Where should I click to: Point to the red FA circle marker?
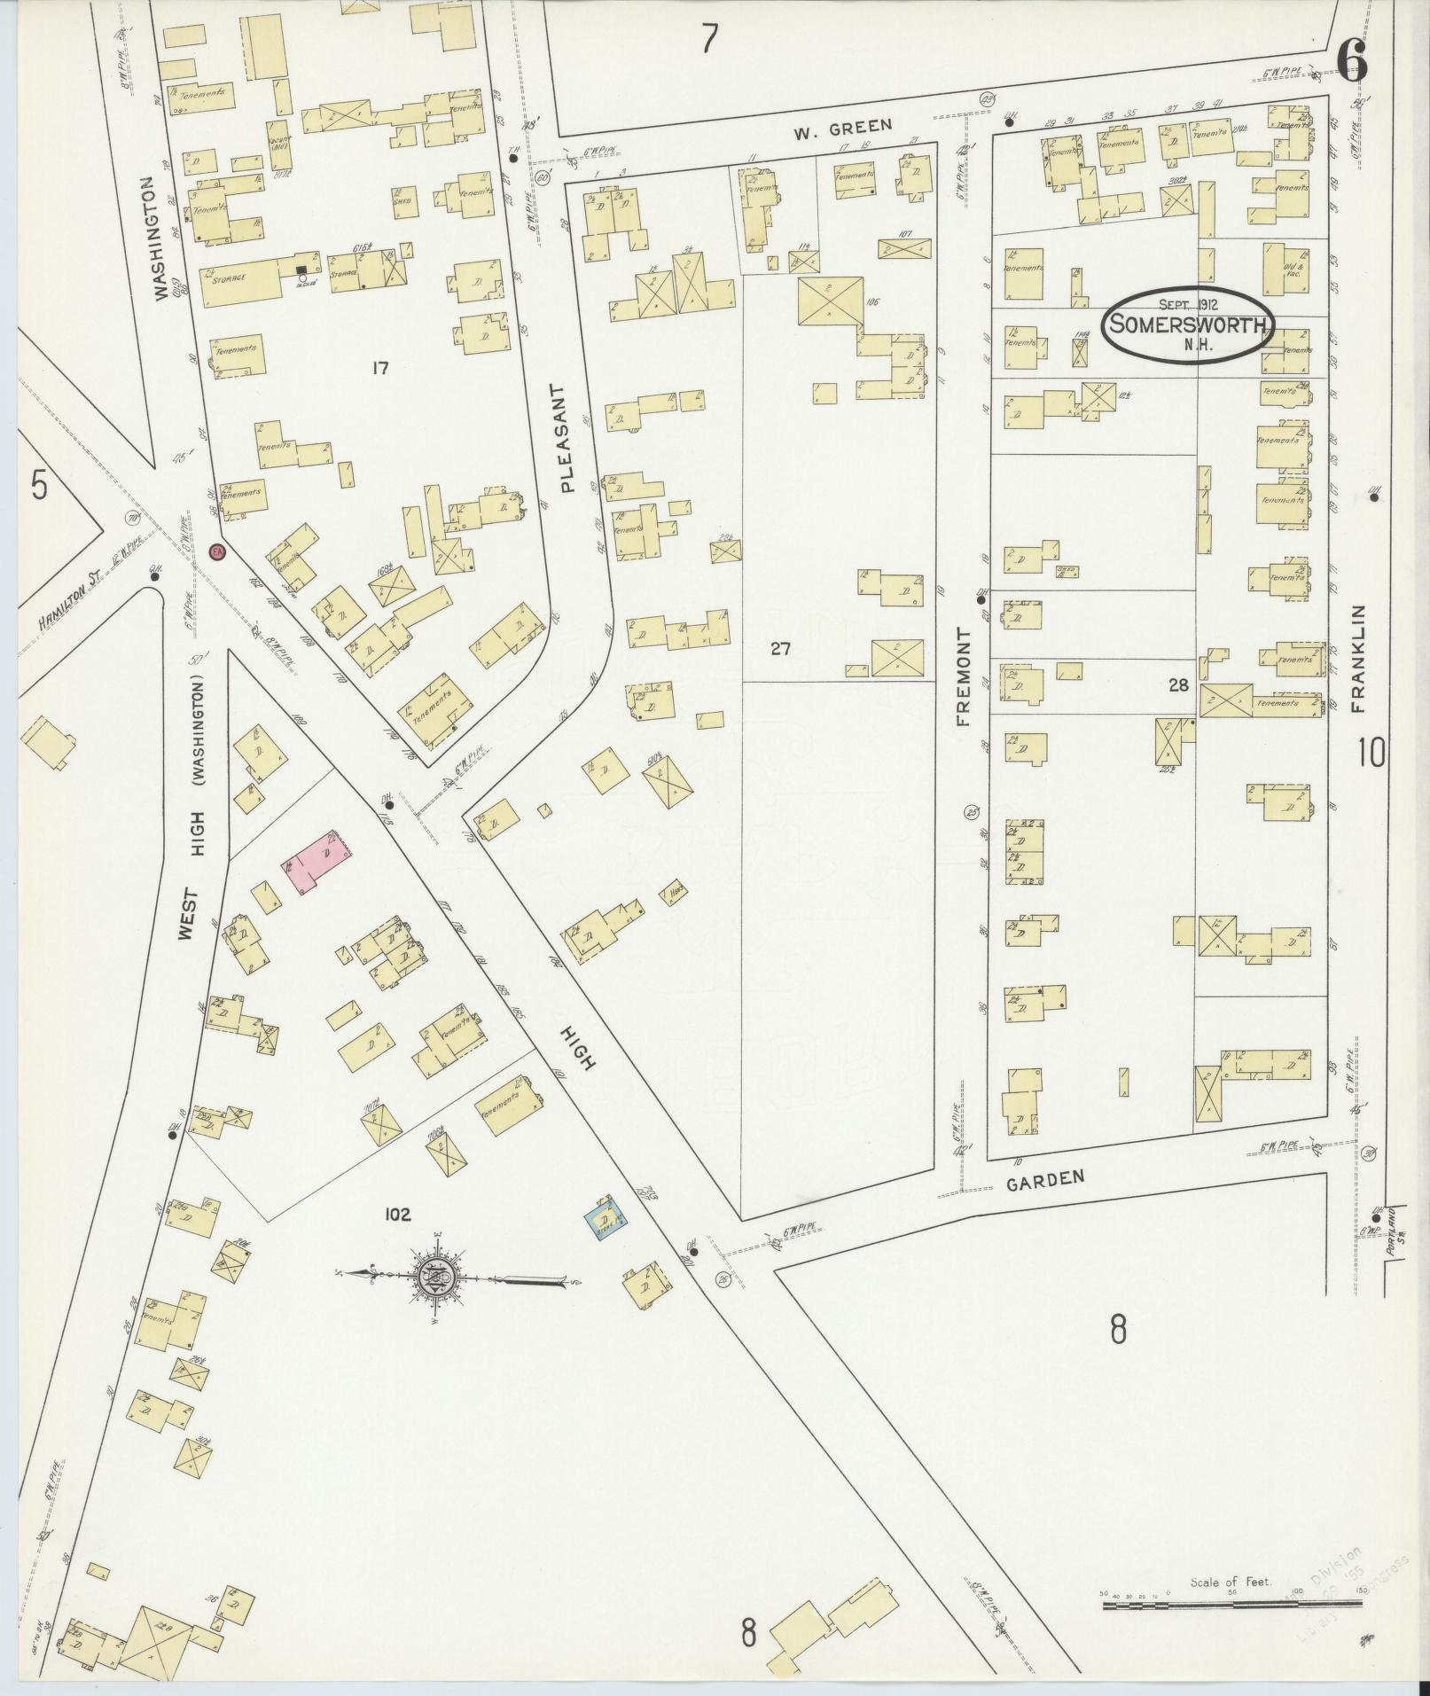pyautogui.click(x=216, y=552)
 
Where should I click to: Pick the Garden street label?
pyautogui.click(x=1047, y=1178)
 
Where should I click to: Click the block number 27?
pyautogui.click(x=780, y=649)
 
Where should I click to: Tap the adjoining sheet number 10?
pyautogui.click(x=1371, y=754)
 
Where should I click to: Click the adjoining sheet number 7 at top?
pyautogui.click(x=708, y=39)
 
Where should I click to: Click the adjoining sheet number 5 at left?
pyautogui.click(x=39, y=486)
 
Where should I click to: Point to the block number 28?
pyautogui.click(x=1177, y=684)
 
